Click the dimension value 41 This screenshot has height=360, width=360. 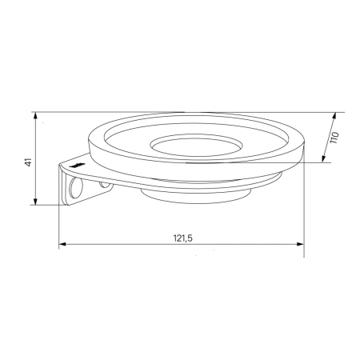29,162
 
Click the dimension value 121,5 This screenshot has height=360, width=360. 183,238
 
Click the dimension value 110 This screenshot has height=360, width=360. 334,138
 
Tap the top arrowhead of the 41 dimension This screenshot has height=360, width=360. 35,115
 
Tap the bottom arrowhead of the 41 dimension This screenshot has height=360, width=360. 35,202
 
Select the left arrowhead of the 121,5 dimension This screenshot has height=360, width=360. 62,244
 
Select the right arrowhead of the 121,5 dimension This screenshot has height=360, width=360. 301,244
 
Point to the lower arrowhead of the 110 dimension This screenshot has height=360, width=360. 324,159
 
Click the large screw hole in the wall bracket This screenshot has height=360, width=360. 75,188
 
